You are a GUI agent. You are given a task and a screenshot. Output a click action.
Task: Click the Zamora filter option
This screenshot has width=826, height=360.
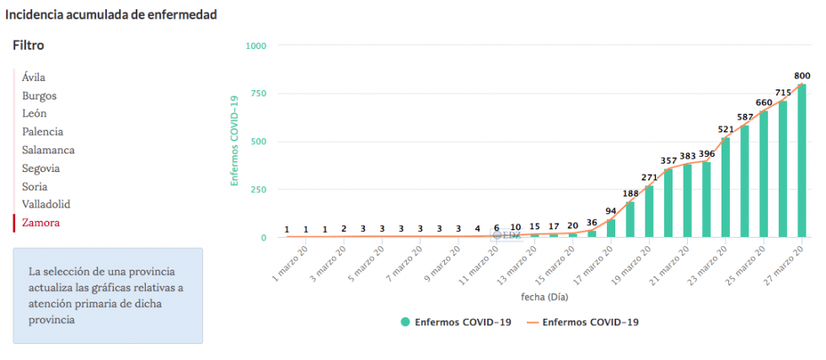41,223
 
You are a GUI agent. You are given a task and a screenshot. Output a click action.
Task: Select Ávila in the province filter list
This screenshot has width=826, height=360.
34,78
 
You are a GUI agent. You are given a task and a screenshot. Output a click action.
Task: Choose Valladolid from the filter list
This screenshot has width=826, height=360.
46,204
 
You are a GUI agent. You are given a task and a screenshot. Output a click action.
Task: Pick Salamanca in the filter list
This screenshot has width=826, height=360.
48,150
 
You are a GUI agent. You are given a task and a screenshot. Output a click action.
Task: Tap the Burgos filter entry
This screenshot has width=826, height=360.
40,96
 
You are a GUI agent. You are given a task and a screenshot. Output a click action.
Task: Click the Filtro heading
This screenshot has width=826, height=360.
29,46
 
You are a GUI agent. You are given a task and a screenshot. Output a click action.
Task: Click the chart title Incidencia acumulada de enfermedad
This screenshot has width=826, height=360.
111,14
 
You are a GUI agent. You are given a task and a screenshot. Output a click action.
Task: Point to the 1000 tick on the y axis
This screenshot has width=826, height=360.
255,46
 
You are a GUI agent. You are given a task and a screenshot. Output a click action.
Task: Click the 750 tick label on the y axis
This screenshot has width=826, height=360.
259,94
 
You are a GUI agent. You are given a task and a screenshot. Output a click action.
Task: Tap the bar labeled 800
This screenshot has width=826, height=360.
802,160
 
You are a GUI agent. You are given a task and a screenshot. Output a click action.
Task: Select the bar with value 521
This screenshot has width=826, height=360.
725,187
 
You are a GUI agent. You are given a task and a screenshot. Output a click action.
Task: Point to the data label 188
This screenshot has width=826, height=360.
630,193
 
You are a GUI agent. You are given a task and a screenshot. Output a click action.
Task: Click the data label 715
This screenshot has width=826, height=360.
783,92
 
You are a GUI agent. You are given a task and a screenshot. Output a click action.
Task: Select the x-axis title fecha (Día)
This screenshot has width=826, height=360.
544,297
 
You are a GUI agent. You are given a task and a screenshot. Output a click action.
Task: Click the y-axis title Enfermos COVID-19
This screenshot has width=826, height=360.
235,141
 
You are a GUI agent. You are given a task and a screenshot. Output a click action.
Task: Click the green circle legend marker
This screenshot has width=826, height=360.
405,322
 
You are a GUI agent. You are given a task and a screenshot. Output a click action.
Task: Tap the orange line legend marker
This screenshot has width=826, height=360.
532,322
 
